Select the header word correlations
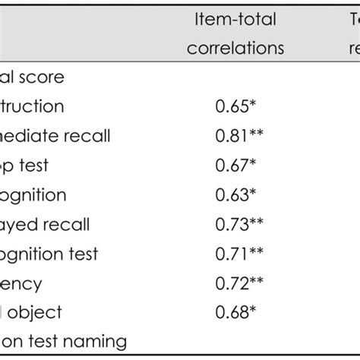point(237,48)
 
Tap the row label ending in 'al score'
point(32,77)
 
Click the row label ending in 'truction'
point(32,106)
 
